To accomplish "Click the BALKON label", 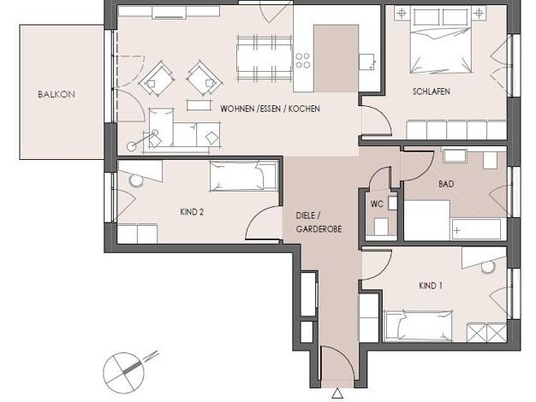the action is (57, 94).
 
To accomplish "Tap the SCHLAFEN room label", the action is (432, 92).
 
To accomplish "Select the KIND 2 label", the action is (192, 212).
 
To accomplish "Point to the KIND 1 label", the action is (431, 286).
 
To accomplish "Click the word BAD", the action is (446, 184).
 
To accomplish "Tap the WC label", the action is (377, 204).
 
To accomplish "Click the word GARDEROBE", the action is (319, 229).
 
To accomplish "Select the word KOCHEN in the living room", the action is (304, 109).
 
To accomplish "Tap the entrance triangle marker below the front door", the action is (337, 393).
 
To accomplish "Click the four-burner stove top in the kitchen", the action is (303, 61).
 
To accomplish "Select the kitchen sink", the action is (366, 62).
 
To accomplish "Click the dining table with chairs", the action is (265, 58).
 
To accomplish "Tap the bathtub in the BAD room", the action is (476, 230).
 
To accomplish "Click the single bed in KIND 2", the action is (243, 175).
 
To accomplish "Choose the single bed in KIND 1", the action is (418, 326).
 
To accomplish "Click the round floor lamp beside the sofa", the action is (131, 146).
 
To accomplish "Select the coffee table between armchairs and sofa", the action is (199, 105).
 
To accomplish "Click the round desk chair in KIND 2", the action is (136, 180).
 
